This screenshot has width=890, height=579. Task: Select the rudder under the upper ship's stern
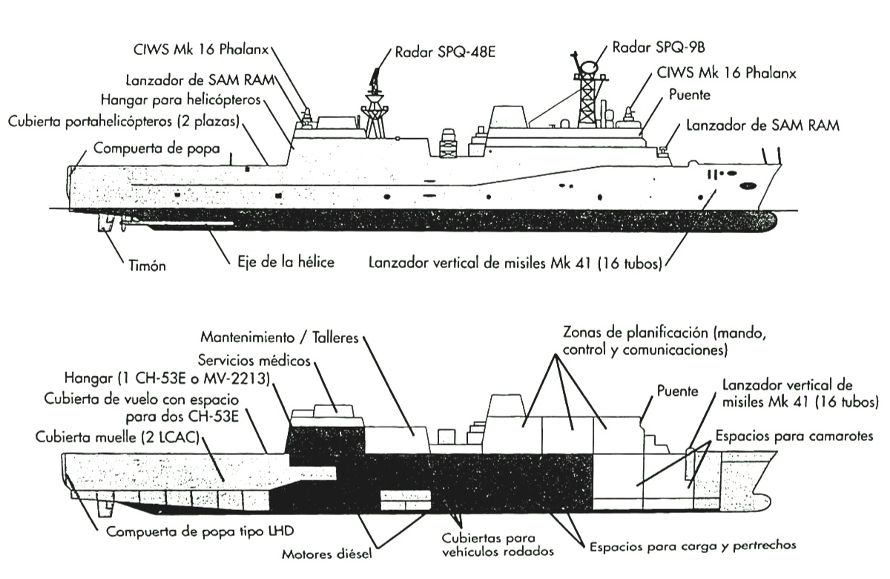point(104,224)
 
